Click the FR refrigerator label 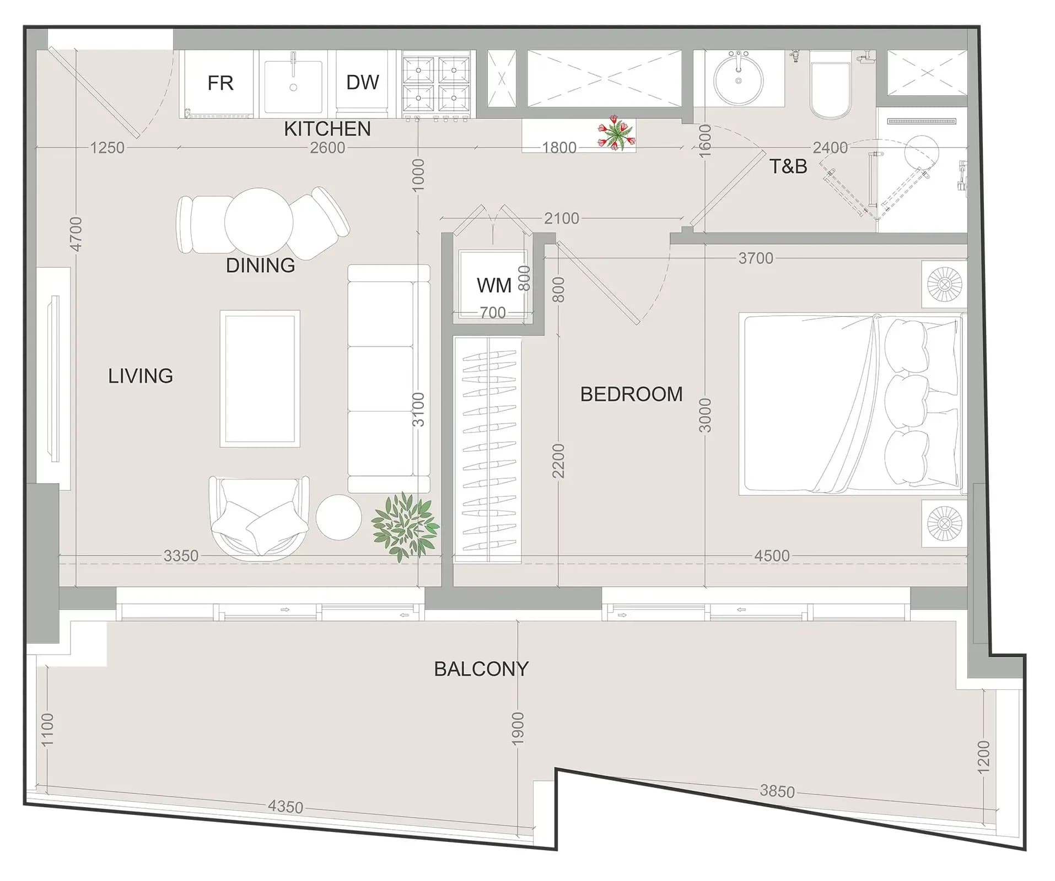(220, 83)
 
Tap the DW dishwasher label (363, 83)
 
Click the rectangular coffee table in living (260, 379)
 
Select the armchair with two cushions (259, 517)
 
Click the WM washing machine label (494, 285)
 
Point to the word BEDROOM (632, 394)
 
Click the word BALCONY (481, 669)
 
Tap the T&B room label (788, 166)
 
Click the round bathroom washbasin (739, 80)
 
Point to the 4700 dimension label (76, 234)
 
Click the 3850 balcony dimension (777, 791)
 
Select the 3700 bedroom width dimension (756, 258)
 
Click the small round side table (338, 517)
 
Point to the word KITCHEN (327, 129)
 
